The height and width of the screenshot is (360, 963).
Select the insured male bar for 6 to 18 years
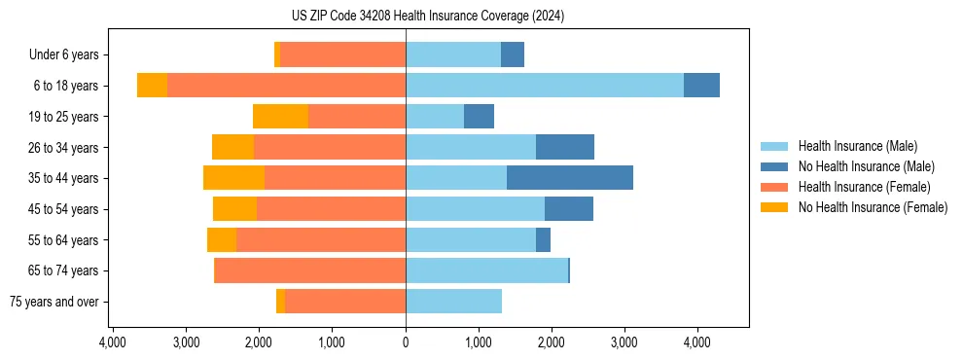click(x=544, y=86)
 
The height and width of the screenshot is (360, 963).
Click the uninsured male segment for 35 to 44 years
click(x=570, y=178)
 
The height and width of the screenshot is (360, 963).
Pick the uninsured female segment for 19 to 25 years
click(x=280, y=117)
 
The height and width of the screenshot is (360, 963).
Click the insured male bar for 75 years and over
click(x=453, y=302)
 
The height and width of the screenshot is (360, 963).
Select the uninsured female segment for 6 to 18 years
click(x=152, y=86)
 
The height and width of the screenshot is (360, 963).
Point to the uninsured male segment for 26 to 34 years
click(x=565, y=147)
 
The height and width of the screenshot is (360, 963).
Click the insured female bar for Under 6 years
click(x=342, y=54)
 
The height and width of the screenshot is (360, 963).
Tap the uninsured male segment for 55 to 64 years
click(x=543, y=239)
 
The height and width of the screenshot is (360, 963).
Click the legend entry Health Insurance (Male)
click(x=857, y=146)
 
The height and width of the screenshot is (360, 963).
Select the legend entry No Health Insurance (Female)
click(x=873, y=207)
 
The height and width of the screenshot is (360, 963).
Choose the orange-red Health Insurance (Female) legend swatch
click(x=774, y=187)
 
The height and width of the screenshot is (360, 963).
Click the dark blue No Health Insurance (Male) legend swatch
click(x=774, y=166)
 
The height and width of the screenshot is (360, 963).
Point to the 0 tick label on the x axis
click(x=406, y=342)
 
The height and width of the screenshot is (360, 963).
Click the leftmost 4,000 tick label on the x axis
click(x=113, y=342)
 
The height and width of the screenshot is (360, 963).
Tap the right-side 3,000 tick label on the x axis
click(x=624, y=342)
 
